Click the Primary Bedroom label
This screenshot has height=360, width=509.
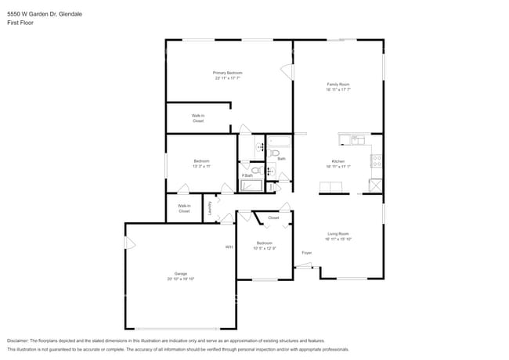tap(227, 73)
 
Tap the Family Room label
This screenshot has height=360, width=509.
tap(338, 84)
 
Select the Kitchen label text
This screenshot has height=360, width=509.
tap(338, 161)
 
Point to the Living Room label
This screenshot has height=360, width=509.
tap(338, 233)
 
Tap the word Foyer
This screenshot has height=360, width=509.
tap(307, 253)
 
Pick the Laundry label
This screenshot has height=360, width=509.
tap(210, 208)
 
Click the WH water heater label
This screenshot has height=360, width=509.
tap(229, 247)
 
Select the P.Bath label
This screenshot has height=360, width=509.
tap(247, 175)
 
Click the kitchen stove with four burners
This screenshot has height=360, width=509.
tap(377, 161)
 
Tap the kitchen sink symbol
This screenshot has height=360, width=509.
tap(356, 140)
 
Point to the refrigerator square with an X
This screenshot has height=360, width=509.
tap(377, 185)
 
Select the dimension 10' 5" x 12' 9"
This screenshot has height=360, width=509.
tap(263, 248)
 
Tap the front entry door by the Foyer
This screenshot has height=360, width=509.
tap(303, 267)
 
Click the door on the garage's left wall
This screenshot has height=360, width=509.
tap(130, 243)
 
